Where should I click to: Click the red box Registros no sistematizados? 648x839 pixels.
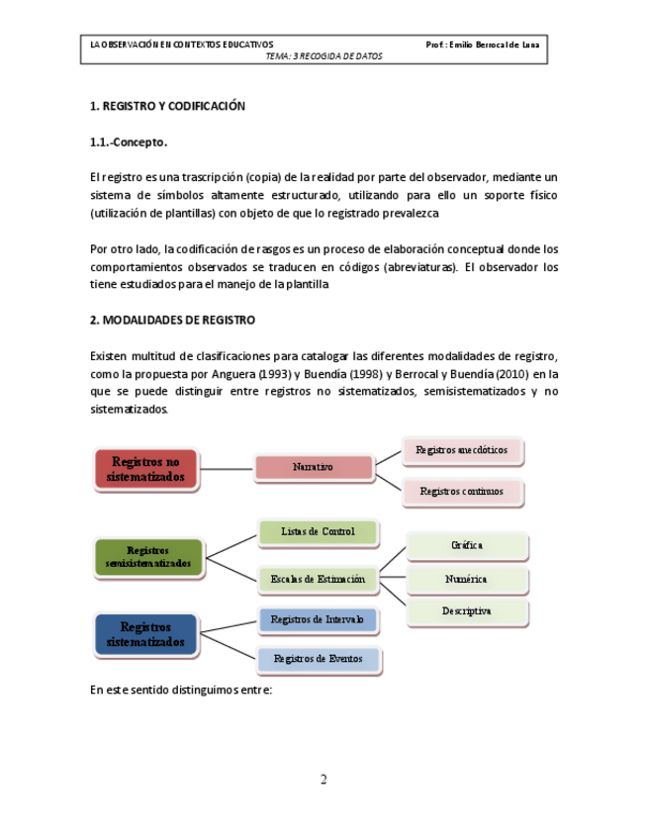click(145, 469)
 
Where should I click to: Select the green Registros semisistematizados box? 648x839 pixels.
click(147, 557)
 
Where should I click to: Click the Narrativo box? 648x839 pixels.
click(313, 467)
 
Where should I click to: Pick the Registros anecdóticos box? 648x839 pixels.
click(461, 450)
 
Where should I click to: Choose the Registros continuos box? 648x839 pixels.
click(461, 491)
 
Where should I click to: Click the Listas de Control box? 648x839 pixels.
click(318, 532)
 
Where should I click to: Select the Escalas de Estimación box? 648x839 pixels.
click(318, 579)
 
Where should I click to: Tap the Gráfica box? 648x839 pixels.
click(466, 545)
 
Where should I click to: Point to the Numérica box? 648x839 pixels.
click(466, 579)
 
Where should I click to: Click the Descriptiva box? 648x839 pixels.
click(466, 611)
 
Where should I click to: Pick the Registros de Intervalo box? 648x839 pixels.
click(318, 620)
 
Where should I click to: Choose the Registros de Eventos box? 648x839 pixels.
click(318, 659)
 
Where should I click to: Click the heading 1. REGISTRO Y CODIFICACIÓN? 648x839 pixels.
click(166, 106)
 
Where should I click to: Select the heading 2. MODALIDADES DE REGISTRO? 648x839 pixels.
click(172, 321)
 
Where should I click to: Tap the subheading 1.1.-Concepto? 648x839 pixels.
click(129, 142)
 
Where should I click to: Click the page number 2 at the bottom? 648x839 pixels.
click(324, 780)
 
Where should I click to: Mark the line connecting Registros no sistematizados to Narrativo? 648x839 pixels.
click(227, 468)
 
